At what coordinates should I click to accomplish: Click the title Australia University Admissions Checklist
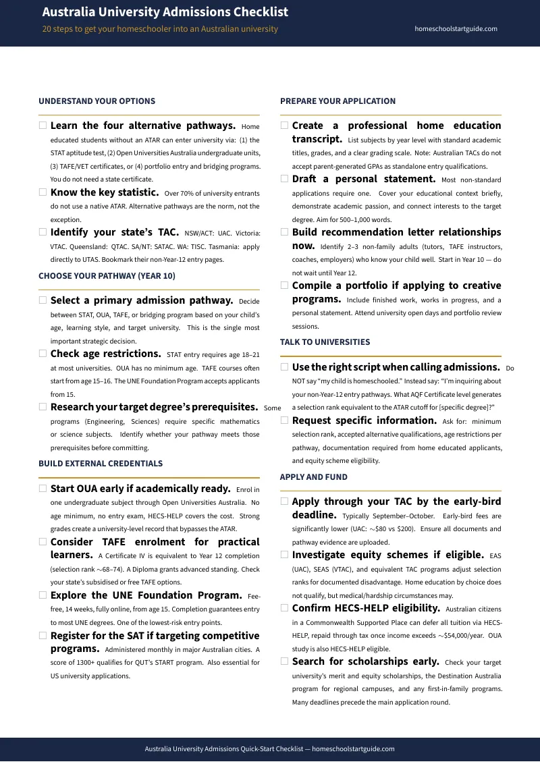click(165, 12)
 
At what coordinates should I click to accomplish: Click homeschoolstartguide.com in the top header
click(456, 29)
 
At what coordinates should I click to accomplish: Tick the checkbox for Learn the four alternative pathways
click(43, 126)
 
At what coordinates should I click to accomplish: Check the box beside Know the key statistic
click(43, 192)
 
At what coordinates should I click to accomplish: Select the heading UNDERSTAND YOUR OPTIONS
click(97, 101)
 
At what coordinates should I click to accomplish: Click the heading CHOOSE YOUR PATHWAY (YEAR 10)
click(107, 276)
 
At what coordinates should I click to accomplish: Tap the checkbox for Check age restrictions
click(43, 354)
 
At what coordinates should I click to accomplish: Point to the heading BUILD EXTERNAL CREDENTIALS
click(101, 464)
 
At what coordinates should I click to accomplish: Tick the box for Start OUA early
click(43, 489)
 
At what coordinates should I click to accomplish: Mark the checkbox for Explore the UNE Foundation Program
click(43, 595)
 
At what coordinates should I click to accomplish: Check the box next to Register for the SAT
click(43, 636)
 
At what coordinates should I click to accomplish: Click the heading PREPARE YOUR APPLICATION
click(337, 101)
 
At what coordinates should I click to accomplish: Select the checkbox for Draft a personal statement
click(284, 179)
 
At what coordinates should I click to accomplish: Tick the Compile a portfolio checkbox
click(284, 285)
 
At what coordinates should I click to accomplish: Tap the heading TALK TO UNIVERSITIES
click(325, 342)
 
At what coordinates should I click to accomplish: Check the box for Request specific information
click(284, 420)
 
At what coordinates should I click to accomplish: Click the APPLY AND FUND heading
click(313, 477)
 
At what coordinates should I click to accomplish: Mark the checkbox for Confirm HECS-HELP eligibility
click(284, 608)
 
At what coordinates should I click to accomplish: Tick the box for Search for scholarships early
click(284, 661)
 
